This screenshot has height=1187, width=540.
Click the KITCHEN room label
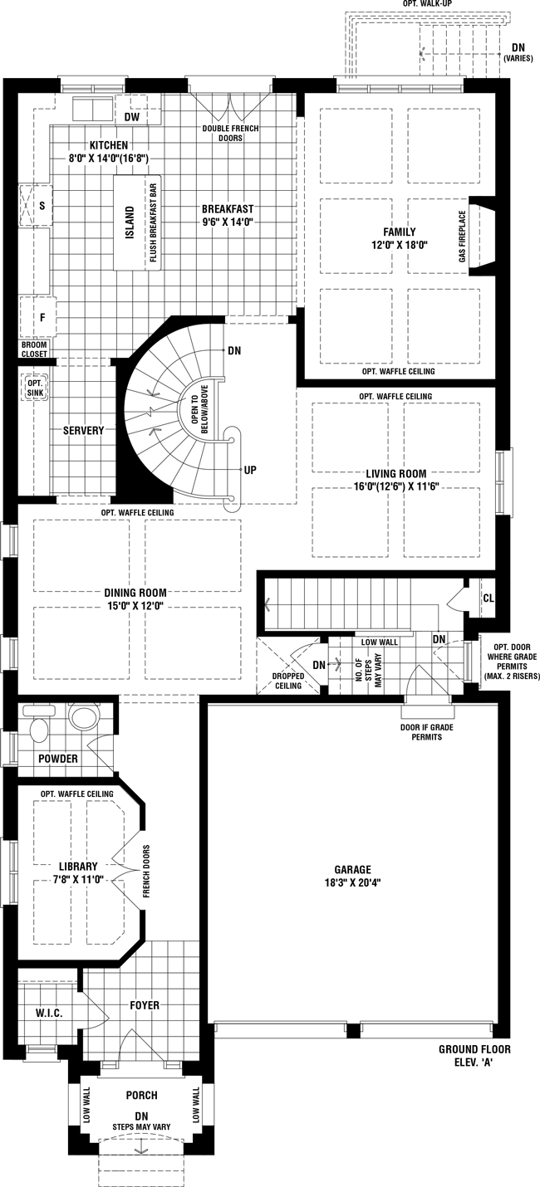point(108,145)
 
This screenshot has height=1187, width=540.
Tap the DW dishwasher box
point(132,116)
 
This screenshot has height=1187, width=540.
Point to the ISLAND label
point(130,222)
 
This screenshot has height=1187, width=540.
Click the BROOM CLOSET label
point(35,349)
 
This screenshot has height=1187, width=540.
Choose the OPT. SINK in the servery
point(35,388)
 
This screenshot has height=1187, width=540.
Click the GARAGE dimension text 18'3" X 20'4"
point(353,883)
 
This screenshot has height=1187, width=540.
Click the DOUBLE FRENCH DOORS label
point(230,133)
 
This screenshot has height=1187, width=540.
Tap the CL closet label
point(488,598)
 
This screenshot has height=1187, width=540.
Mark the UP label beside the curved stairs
point(250,470)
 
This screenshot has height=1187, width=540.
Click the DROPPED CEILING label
point(288,681)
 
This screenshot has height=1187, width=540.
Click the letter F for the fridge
point(42,318)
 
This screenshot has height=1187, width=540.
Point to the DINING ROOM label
point(135,593)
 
